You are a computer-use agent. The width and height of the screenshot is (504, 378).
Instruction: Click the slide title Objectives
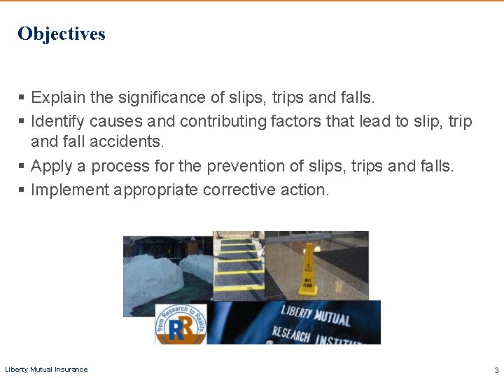coord(62,34)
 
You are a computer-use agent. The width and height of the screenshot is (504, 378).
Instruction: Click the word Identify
coord(55,121)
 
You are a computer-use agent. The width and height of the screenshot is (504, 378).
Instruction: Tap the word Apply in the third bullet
coord(51,166)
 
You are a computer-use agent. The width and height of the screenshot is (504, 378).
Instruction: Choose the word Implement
coord(69,190)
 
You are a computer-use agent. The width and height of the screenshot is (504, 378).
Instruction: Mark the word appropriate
coord(155,190)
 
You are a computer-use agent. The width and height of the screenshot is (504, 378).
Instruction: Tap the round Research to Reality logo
coord(181,323)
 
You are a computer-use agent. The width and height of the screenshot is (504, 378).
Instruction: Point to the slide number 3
coord(496,370)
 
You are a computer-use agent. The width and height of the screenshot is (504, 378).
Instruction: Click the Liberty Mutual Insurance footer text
coord(46,370)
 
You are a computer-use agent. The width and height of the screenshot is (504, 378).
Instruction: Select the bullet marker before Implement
coord(22,190)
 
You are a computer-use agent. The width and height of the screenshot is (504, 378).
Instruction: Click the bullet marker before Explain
coord(22,97)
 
